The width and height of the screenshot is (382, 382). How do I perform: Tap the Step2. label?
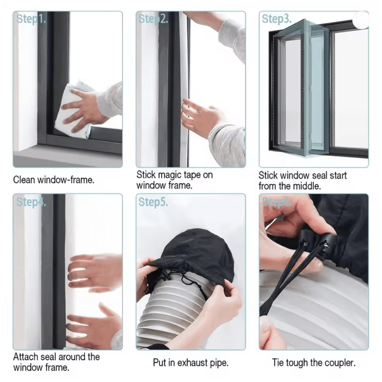coord(153,19)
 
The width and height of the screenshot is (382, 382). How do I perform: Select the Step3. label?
coord(277,19)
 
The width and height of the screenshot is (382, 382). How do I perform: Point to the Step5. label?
coord(153,202)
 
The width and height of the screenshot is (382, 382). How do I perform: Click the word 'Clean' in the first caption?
coord(24,180)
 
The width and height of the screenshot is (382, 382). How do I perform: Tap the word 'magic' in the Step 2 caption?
coord(170,175)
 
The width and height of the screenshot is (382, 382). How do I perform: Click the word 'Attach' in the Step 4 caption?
coord(26,357)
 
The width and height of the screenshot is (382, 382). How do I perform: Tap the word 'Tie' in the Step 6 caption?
coord(278,362)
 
